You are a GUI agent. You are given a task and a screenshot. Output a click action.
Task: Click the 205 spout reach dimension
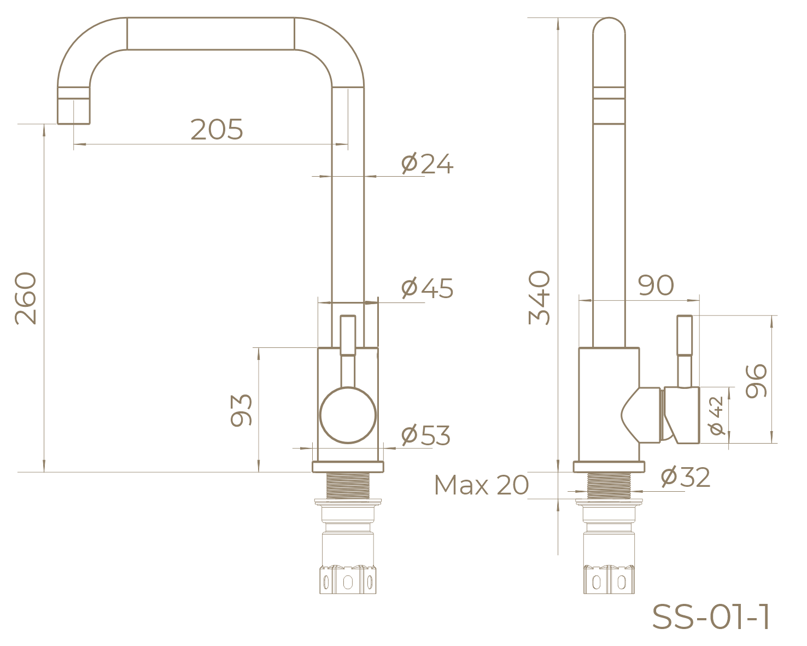(217, 130)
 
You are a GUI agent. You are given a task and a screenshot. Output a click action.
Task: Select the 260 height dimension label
(26, 298)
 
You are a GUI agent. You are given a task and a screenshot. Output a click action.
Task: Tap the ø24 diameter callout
(427, 164)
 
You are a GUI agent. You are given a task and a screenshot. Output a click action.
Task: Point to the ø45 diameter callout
(427, 288)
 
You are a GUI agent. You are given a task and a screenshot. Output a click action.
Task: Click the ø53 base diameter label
(425, 435)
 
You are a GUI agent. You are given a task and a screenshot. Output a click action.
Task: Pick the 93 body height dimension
(241, 410)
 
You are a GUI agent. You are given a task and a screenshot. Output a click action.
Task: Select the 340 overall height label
(539, 298)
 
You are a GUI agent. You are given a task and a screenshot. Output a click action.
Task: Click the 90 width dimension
(656, 286)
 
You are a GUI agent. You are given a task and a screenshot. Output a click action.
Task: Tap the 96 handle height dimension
(756, 381)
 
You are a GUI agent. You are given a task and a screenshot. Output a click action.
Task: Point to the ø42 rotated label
(716, 416)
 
